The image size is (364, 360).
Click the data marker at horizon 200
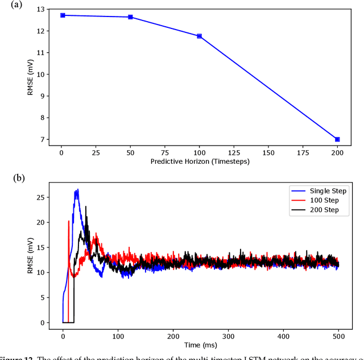click(337, 139)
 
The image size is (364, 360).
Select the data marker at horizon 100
click(199, 36)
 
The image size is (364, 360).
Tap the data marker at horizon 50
click(130, 17)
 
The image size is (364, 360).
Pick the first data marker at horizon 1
click(63, 15)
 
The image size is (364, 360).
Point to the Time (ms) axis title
click(199, 345)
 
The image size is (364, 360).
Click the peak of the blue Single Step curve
click(77, 189)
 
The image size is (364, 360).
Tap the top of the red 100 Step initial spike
click(69, 221)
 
